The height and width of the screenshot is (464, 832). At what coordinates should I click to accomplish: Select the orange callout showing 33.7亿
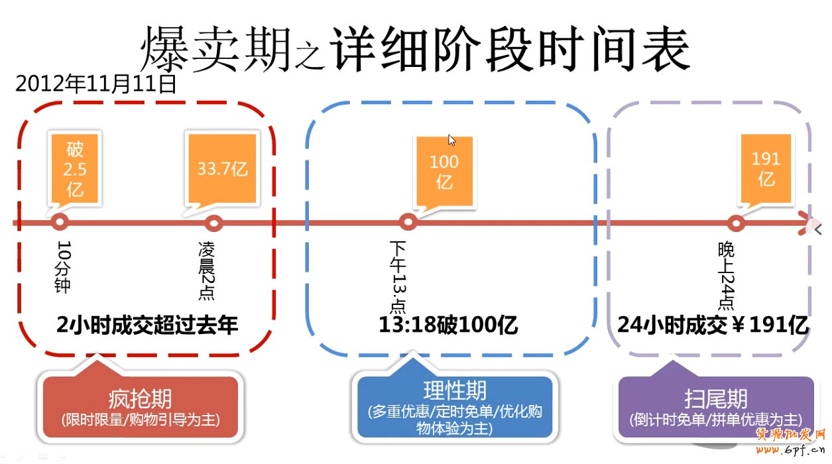pos(222,168)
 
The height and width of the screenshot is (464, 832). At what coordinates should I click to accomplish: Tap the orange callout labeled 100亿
pos(444,170)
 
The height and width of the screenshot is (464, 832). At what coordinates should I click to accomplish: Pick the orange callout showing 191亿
pos(766,168)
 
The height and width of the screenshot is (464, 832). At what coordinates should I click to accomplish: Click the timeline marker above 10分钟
pos(60,223)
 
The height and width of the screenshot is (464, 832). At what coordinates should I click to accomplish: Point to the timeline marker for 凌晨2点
pos(213,223)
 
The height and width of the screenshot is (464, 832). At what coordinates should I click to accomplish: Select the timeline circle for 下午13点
pos(408,223)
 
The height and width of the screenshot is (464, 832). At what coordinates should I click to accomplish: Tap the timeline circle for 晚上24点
pos(736,223)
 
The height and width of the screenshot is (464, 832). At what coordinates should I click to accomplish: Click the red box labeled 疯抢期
pos(140,408)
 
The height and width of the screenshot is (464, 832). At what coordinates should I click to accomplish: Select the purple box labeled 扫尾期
pos(715,408)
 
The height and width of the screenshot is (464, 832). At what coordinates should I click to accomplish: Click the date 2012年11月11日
pos(96,84)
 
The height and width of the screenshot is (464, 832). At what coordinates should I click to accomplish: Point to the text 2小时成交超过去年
pos(147,325)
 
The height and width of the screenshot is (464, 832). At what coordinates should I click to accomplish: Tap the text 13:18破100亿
pos(448,325)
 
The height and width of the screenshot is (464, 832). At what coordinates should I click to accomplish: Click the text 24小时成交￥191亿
pos(713,325)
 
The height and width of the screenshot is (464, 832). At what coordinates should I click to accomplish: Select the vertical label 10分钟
pos(64,266)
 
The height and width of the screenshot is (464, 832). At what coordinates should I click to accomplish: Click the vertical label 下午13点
pos(398,276)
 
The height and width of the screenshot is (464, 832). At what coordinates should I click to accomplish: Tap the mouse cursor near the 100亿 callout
pos(451,140)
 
